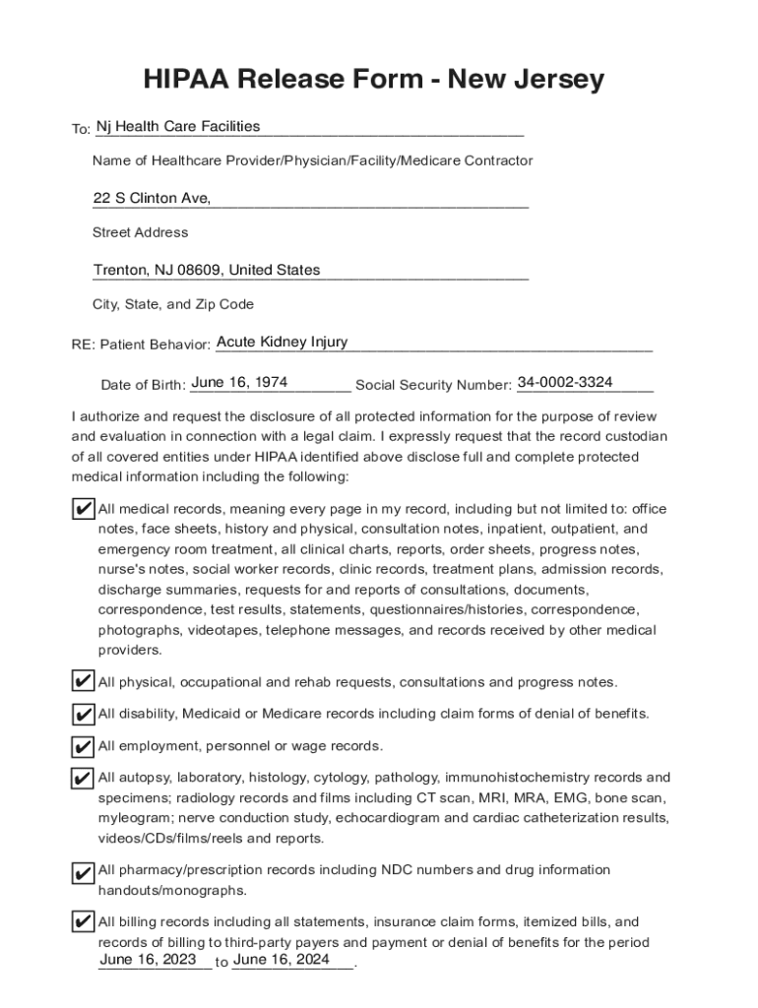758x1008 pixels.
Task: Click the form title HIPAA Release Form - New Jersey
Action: [373, 79]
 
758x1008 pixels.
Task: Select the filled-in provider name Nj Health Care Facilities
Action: [178, 126]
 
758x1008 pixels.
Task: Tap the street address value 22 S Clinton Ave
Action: [152, 198]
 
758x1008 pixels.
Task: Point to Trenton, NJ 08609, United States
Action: [207, 270]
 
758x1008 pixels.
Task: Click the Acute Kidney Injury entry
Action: [282, 342]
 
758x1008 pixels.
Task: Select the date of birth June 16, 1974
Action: [239, 381]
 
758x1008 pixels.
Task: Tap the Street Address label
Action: [140, 233]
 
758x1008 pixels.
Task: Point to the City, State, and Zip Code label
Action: [173, 305]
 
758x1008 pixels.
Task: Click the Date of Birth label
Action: [143, 385]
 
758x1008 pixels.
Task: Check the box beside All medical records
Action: [84, 509]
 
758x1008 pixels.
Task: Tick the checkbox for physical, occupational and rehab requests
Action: [84, 681]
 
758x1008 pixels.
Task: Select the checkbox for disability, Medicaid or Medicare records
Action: [84, 714]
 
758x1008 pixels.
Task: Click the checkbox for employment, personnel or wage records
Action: [84, 746]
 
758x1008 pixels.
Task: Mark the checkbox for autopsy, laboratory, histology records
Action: [84, 778]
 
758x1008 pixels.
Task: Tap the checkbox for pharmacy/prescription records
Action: [84, 871]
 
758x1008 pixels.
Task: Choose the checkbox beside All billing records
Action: [84, 922]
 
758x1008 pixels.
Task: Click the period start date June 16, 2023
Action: [148, 959]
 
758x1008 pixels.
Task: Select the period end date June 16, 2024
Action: [281, 959]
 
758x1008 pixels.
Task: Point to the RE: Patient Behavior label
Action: [141, 346]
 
